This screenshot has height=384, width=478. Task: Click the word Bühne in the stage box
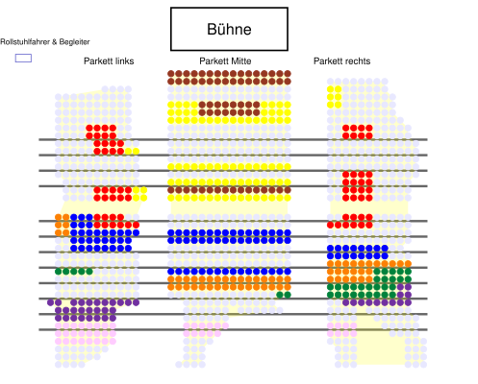[229, 29]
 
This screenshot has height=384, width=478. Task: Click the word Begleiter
[74, 42]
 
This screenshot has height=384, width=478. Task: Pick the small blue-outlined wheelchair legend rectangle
[23, 58]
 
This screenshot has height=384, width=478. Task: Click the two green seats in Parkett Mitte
[284, 295]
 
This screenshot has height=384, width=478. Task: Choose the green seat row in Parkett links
[74, 272]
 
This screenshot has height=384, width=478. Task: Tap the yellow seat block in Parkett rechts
[335, 97]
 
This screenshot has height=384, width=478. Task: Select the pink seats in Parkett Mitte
[206, 329]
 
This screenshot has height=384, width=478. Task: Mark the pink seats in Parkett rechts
[342, 329]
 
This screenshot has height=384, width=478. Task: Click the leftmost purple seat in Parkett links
[50, 302]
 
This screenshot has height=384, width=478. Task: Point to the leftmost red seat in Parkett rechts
[331, 225]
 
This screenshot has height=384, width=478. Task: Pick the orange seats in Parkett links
[63, 225]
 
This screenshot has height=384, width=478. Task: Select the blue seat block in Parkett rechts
[358, 252]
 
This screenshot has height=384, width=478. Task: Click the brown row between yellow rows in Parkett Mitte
[229, 190]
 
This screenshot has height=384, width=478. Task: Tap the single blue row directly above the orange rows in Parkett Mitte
[229, 272]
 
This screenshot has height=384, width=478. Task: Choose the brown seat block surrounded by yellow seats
[229, 108]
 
